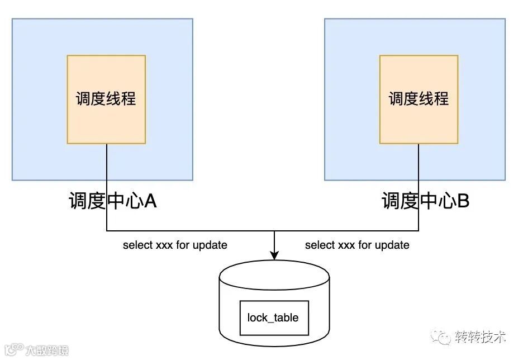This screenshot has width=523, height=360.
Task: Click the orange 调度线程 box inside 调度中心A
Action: pyautogui.click(x=106, y=99)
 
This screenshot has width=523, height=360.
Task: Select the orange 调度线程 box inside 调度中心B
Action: pyautogui.click(x=419, y=99)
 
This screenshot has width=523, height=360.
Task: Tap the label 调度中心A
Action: pyautogui.click(x=112, y=201)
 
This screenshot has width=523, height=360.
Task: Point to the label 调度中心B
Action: pyautogui.click(x=425, y=201)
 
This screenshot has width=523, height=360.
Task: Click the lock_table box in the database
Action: pyautogui.click(x=273, y=318)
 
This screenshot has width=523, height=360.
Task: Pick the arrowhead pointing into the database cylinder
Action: pyautogui.click(x=274, y=254)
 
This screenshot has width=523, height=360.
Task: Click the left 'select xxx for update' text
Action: pyautogui.click(x=175, y=245)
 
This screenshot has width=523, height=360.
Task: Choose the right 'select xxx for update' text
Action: pyautogui.click(x=357, y=245)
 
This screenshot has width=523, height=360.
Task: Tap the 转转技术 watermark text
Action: pyautogui.click(x=480, y=337)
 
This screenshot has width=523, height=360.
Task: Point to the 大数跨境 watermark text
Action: pyautogui.click(x=47, y=350)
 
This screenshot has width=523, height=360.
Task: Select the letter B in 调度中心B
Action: pyautogui.click(x=463, y=201)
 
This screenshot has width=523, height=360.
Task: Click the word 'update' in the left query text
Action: pyautogui.click(x=210, y=245)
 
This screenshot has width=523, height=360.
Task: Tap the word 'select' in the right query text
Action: pyautogui.click(x=319, y=245)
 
